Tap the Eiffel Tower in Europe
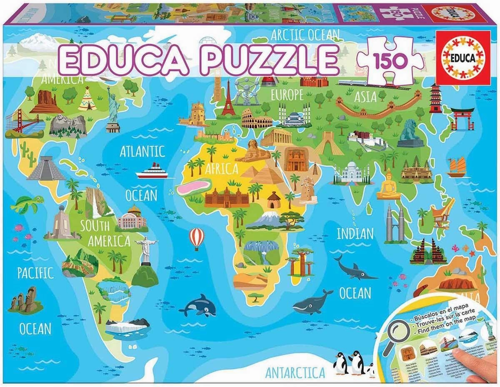[x=228, y=99]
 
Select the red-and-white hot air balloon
[x=197, y=238]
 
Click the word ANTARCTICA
[x=295, y=372]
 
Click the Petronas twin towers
[x=395, y=225]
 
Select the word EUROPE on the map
[x=287, y=95]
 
